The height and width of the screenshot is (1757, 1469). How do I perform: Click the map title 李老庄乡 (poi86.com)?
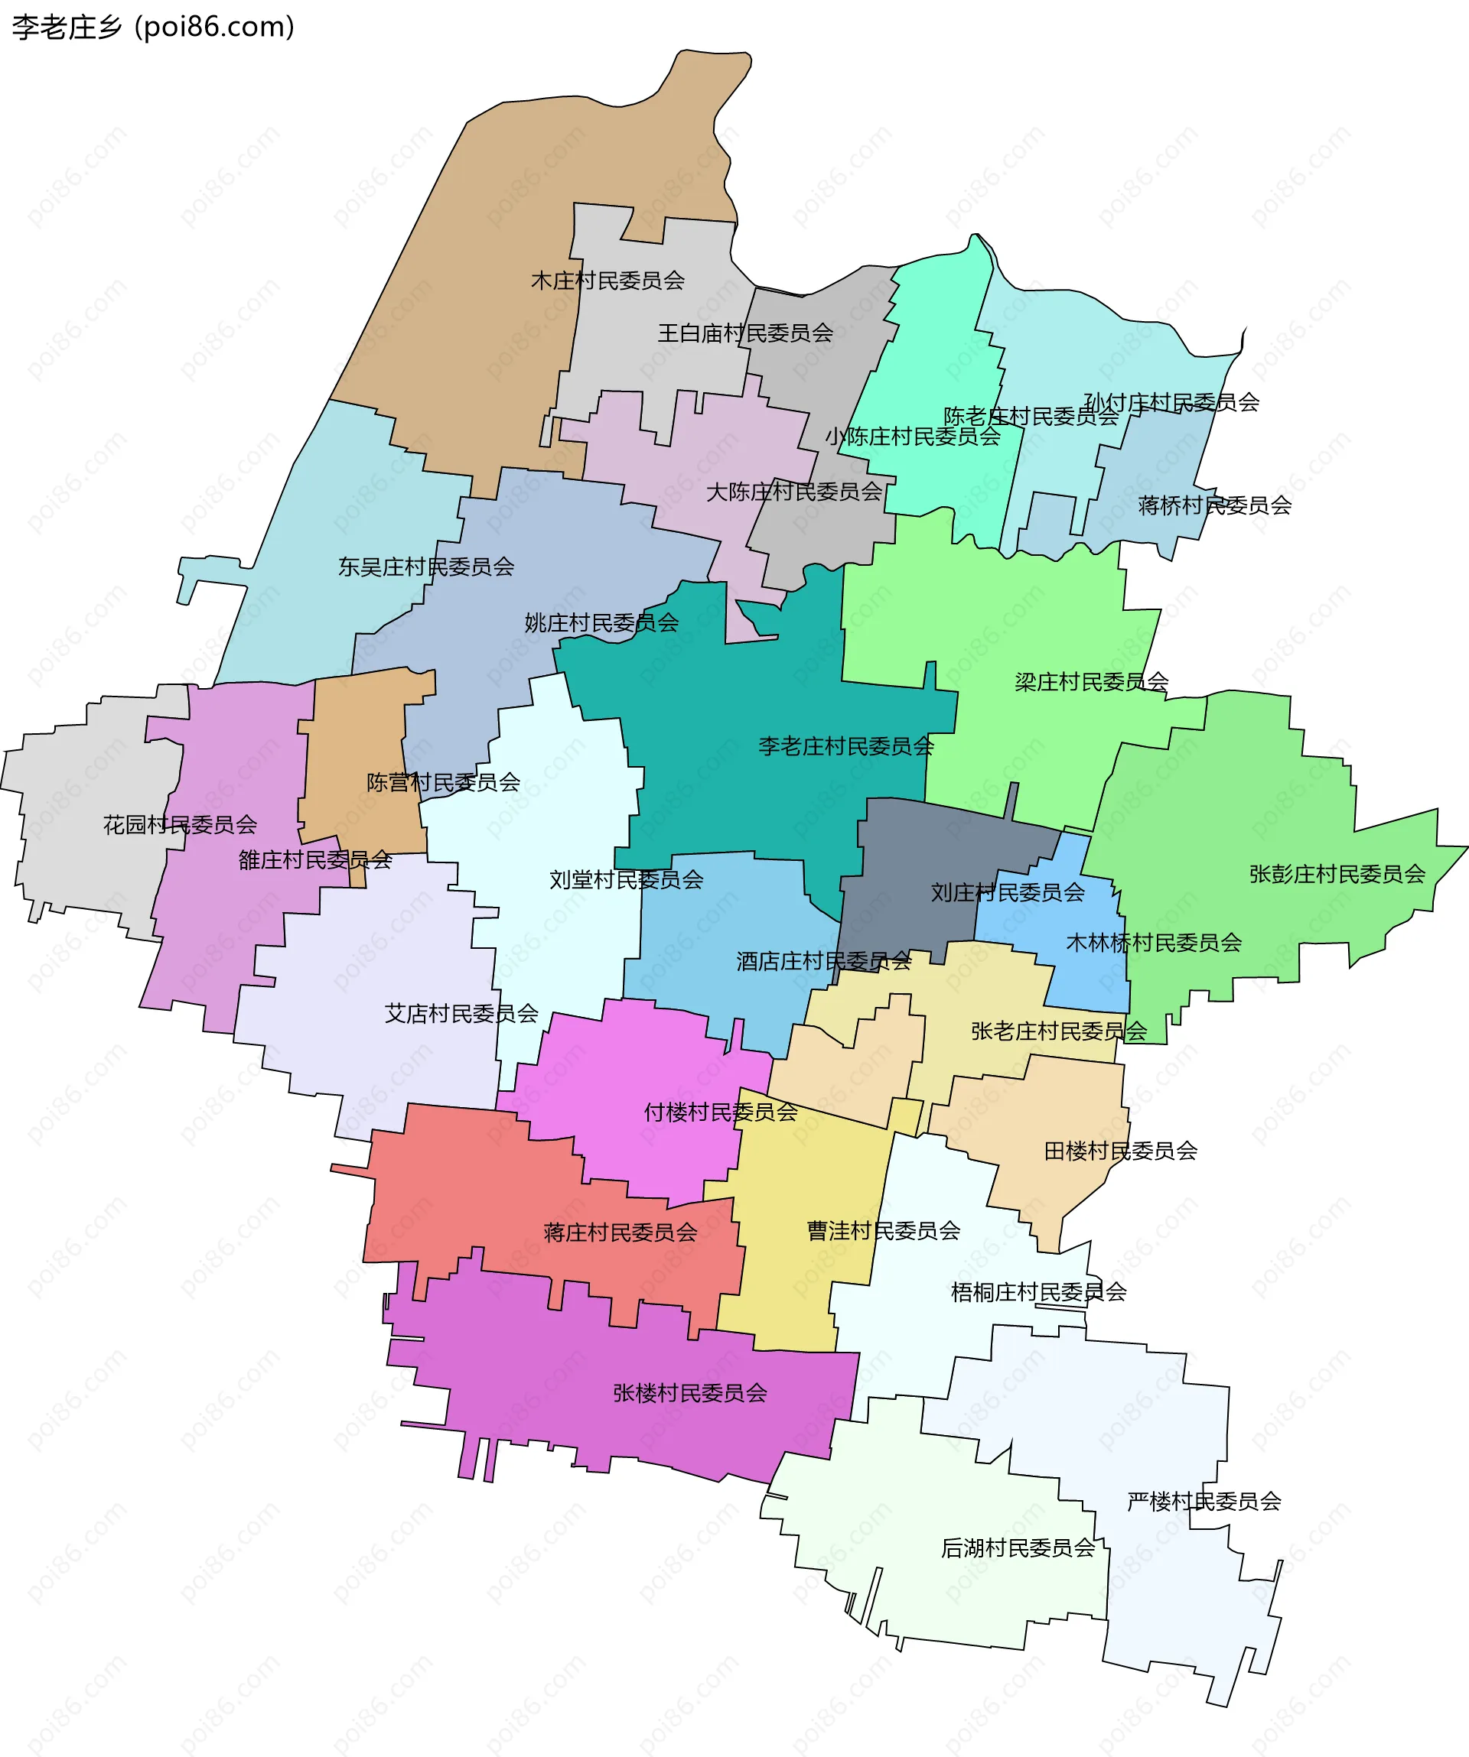pyautogui.click(x=153, y=27)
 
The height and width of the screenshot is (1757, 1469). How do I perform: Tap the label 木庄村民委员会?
pyautogui.click(x=607, y=281)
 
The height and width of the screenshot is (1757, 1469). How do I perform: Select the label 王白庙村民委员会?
pyautogui.click(x=745, y=334)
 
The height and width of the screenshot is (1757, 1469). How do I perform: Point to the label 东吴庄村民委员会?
pyautogui.click(x=426, y=567)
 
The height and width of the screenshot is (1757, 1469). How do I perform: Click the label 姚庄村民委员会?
pyautogui.click(x=601, y=623)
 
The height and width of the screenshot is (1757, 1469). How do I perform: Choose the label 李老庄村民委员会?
pyautogui.click(x=845, y=746)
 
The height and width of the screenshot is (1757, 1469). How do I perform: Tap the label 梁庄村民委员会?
pyautogui.click(x=1092, y=683)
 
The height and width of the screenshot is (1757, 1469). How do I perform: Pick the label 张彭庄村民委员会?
pyautogui.click(x=1337, y=875)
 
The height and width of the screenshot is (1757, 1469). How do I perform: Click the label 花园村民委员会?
pyautogui.click(x=180, y=825)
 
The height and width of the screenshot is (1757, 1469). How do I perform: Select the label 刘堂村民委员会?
pyautogui.click(x=626, y=879)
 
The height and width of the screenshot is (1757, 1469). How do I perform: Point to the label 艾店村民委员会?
pyautogui.click(x=461, y=1014)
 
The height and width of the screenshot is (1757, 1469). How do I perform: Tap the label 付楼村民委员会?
pyautogui.click(x=721, y=1112)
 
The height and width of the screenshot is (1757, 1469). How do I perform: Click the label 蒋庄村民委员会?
pyautogui.click(x=620, y=1232)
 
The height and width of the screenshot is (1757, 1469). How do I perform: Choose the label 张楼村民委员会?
pyautogui.click(x=689, y=1393)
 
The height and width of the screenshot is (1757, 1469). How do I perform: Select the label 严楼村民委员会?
pyautogui.click(x=1204, y=1502)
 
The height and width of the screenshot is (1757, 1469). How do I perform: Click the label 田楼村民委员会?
pyautogui.click(x=1121, y=1151)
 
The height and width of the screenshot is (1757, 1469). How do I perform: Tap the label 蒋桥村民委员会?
pyautogui.click(x=1214, y=505)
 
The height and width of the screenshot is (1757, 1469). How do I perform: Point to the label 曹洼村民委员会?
pyautogui.click(x=883, y=1231)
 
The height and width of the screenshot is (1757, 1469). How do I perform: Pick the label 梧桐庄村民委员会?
pyautogui.click(x=1039, y=1293)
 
